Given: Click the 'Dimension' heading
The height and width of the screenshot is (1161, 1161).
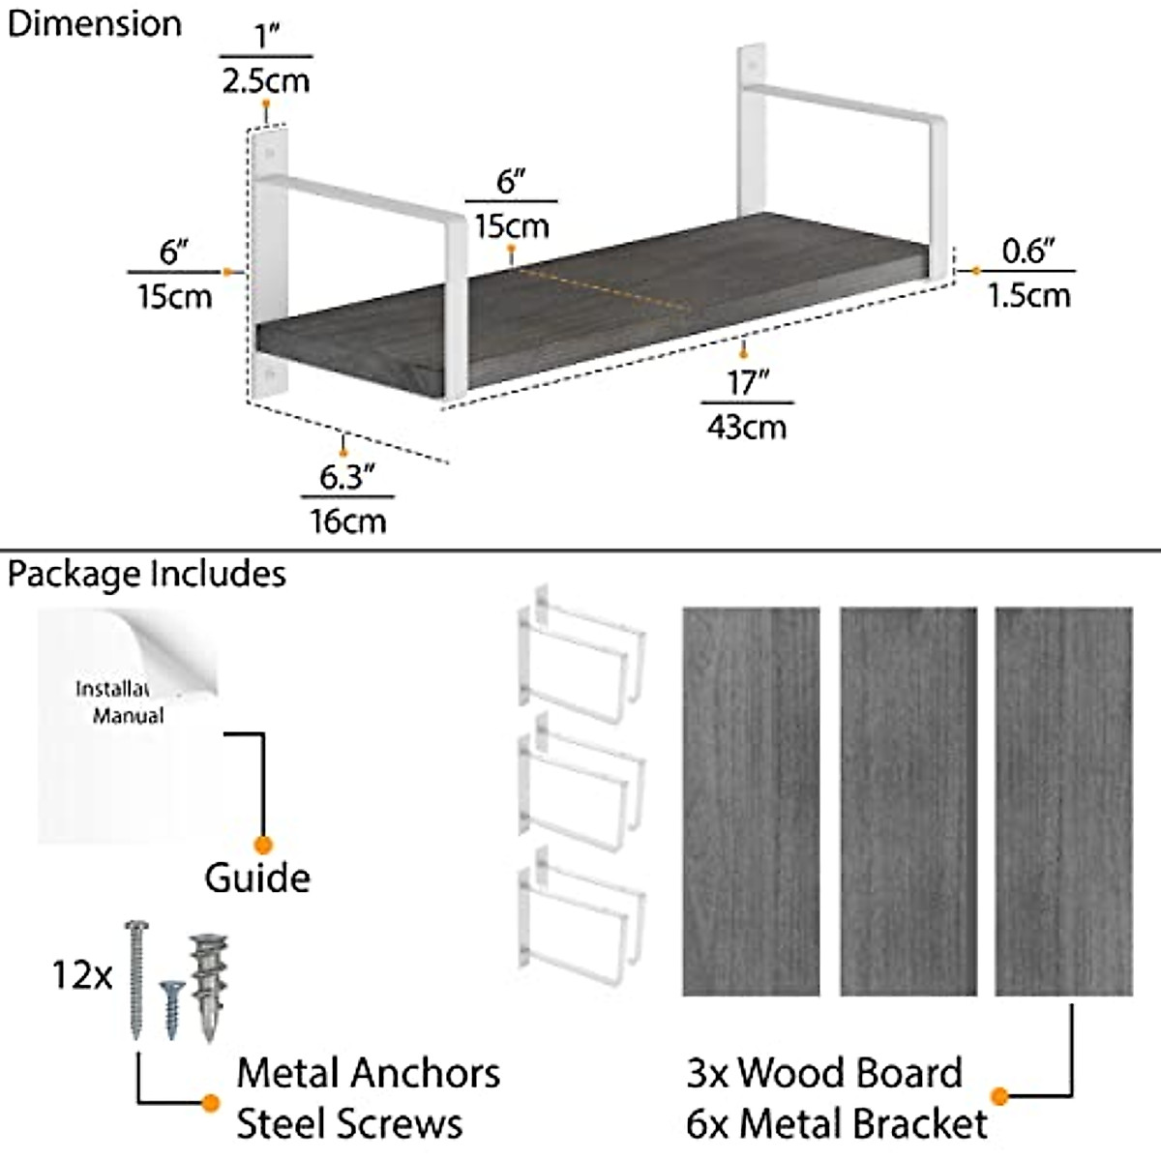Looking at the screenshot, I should pyautogui.click(x=94, y=24).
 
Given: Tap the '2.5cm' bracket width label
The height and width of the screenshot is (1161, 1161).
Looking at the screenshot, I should pyautogui.click(x=265, y=80).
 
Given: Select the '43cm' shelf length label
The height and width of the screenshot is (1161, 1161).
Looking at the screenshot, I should pyautogui.click(x=746, y=426).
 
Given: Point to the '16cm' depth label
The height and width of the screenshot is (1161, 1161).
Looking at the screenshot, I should pyautogui.click(x=347, y=521).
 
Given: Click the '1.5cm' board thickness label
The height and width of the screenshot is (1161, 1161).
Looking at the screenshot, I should pyautogui.click(x=1028, y=295).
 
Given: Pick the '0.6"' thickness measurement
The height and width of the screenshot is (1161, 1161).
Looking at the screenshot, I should pyautogui.click(x=1027, y=252).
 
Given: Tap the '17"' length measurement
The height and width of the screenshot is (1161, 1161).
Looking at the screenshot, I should pyautogui.click(x=747, y=383).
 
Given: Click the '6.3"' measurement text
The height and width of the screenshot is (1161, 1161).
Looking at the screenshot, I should pyautogui.click(x=346, y=477).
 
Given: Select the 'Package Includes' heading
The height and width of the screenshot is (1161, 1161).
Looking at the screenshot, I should pyautogui.click(x=147, y=574).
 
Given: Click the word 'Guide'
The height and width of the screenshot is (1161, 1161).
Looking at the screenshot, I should pyautogui.click(x=257, y=878).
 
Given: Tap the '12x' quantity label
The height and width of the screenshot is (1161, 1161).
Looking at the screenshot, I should pyautogui.click(x=82, y=975).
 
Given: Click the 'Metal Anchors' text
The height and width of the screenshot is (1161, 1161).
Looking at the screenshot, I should pyautogui.click(x=368, y=1073).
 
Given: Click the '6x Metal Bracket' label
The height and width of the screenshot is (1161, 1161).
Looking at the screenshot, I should pyautogui.click(x=837, y=1124).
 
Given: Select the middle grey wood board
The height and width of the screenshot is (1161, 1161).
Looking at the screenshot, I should pyautogui.click(x=908, y=801).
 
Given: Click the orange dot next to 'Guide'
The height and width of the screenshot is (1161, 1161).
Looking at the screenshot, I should pyautogui.click(x=262, y=845).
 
